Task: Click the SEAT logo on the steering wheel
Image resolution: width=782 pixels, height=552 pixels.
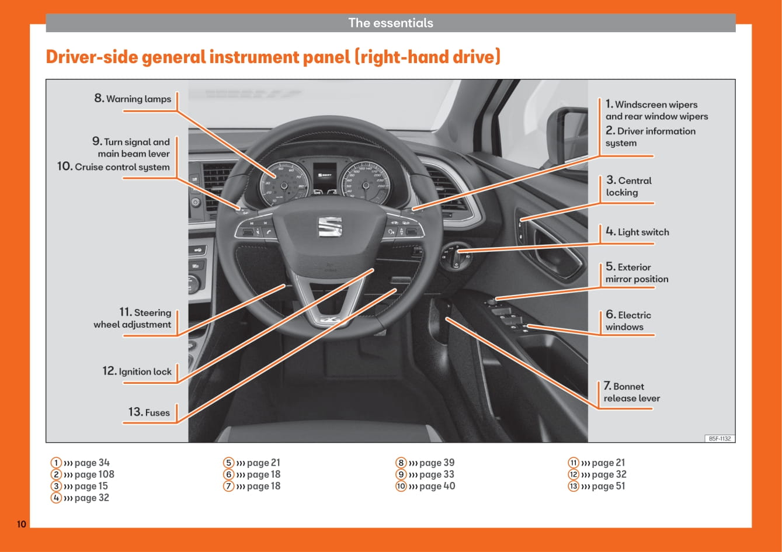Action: [329, 227]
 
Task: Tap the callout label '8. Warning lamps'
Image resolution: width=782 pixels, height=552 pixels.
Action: [133, 99]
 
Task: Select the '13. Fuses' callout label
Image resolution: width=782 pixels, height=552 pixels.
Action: [150, 412]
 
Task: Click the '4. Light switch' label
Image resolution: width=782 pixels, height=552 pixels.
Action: [637, 232]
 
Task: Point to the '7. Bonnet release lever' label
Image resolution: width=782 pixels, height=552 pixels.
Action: [632, 393]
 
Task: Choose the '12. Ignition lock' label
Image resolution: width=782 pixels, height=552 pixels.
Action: [137, 372]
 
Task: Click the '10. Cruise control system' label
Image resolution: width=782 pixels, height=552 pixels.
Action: [114, 167]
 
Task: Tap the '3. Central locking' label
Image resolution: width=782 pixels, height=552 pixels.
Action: [628, 186]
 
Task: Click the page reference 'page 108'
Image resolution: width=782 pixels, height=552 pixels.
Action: [94, 474]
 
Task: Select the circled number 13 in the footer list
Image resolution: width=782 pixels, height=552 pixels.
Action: [574, 486]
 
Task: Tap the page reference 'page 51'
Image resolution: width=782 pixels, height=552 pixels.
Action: [608, 486]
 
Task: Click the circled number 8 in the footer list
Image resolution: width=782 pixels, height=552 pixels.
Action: [401, 463]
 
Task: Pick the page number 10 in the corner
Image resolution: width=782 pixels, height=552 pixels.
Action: [21, 524]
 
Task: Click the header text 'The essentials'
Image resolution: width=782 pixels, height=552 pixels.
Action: [391, 23]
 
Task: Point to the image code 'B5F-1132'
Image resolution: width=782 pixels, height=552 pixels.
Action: [720, 438]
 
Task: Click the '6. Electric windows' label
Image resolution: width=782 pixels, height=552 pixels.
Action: [628, 321]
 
